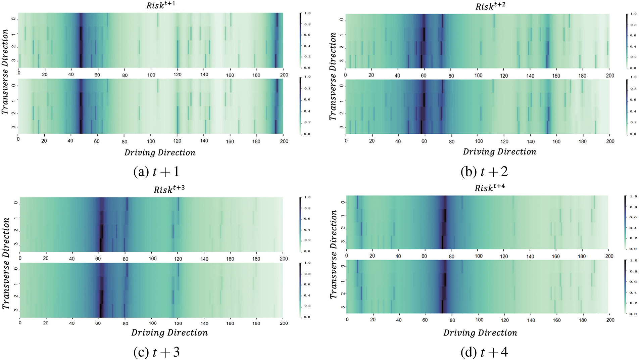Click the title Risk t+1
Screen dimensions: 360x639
160,6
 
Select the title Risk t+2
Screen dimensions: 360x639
490,6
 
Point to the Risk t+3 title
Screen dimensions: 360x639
169,189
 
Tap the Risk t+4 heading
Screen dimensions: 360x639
489,188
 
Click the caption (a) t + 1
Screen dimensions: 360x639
156,172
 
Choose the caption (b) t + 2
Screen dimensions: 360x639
484,172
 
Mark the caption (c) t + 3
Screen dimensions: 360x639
156,352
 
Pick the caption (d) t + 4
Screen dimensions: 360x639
484,352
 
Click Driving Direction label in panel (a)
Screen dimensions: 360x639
160,153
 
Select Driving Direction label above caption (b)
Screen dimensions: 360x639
499,152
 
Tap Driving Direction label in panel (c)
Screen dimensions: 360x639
169,333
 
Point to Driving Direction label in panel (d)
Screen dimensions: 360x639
480,333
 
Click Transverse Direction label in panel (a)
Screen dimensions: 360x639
5,72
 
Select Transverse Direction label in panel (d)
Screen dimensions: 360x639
333,254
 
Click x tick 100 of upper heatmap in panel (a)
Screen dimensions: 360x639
151,75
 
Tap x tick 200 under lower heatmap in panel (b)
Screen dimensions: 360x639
610,141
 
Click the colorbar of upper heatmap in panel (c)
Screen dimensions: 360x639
300,224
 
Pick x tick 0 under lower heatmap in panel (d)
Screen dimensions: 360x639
347,320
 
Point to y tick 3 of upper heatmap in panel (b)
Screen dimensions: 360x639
342,61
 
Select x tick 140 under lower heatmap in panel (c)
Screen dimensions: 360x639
204,323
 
